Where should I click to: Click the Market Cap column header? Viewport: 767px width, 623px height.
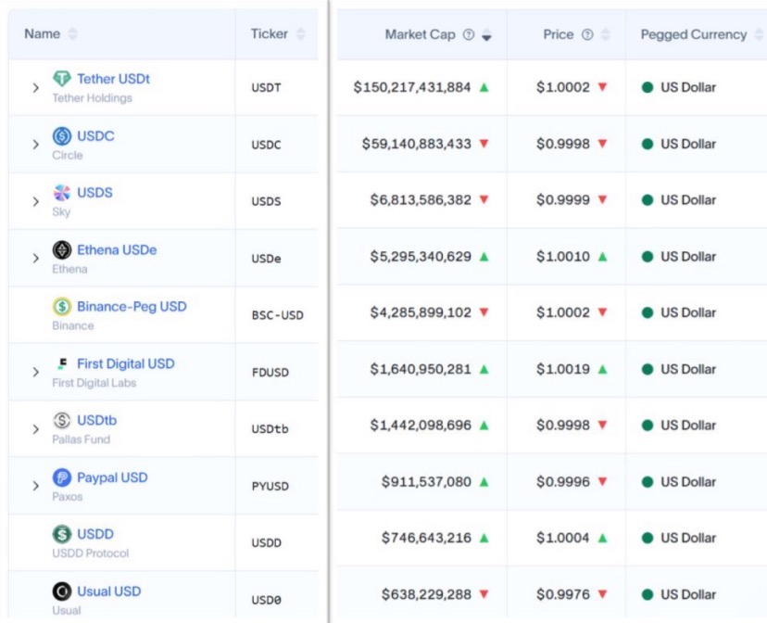point(420,35)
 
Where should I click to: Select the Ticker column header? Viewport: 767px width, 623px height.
point(269,34)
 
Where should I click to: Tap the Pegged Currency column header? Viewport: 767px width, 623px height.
point(693,35)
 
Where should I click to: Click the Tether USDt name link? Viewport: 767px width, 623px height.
point(113,79)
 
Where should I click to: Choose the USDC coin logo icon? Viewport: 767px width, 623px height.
point(62,136)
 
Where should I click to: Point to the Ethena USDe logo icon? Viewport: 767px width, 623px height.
point(62,250)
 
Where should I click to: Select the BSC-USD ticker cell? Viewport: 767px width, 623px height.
point(277,315)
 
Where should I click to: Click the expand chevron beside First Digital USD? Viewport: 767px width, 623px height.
point(35,372)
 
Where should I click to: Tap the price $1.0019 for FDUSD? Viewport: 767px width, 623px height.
point(562,369)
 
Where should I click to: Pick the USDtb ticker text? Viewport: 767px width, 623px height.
point(270,428)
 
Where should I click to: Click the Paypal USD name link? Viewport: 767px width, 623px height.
point(112,477)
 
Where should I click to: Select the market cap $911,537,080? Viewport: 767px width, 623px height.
point(426,482)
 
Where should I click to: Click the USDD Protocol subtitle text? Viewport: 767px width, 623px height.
point(91,553)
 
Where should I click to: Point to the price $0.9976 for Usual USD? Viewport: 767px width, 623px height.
point(562,594)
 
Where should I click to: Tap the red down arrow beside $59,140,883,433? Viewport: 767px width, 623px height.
point(484,144)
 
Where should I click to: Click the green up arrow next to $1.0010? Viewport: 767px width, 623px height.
point(602,256)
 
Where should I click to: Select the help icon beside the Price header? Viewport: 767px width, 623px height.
point(587,35)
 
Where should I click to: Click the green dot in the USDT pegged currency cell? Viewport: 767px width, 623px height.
point(648,88)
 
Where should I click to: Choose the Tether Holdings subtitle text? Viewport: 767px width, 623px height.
point(92,98)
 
